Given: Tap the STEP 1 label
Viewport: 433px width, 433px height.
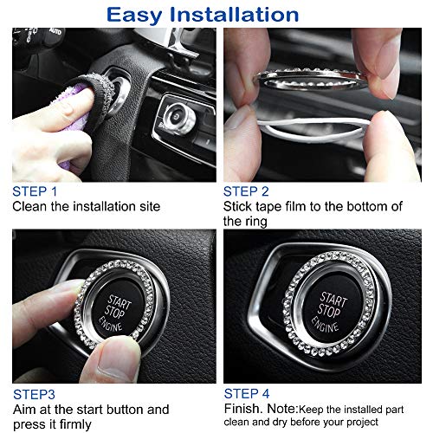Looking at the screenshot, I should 35,191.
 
